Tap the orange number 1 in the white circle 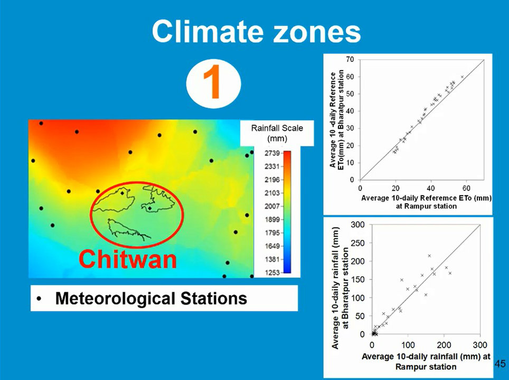213,84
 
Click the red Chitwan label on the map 127,259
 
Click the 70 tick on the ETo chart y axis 350,60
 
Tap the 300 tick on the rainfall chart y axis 357,225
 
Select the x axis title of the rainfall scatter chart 426,361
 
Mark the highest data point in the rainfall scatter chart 429,256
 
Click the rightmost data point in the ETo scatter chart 462,77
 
